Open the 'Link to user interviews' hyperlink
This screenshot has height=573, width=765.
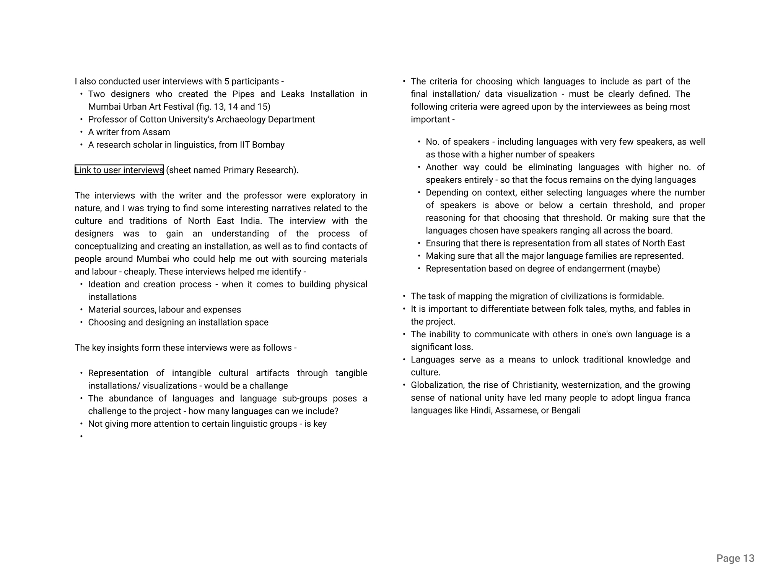click(119, 170)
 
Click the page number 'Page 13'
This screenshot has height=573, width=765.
click(735, 558)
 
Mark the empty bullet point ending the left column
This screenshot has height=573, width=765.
click(81, 436)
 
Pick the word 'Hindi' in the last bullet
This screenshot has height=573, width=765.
click(480, 411)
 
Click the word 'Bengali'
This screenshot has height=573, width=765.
click(566, 411)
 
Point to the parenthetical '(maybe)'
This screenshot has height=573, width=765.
click(644, 269)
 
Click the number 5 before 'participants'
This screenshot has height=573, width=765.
click(227, 81)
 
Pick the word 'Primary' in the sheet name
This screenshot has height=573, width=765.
click(238, 170)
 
